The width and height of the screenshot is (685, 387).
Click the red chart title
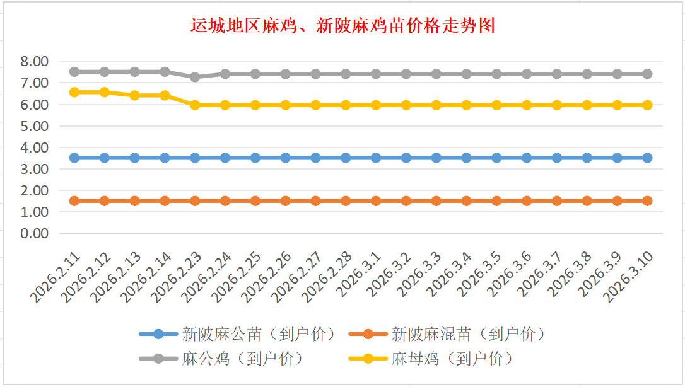(342, 26)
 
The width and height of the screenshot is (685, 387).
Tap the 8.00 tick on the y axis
(34, 61)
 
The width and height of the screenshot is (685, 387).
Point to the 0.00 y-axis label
(34, 233)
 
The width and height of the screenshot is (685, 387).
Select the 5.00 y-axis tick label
(34, 126)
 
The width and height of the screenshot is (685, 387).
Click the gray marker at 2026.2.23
(195, 77)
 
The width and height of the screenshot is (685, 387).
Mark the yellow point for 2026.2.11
(74, 92)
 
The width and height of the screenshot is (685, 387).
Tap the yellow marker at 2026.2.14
(165, 95)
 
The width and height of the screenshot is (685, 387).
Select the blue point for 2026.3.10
(647, 158)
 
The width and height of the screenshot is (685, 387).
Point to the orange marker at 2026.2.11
(74, 201)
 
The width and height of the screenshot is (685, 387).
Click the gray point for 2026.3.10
(647, 74)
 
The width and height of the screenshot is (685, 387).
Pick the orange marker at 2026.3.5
(496, 201)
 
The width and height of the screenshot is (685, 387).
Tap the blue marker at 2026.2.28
(346, 158)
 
